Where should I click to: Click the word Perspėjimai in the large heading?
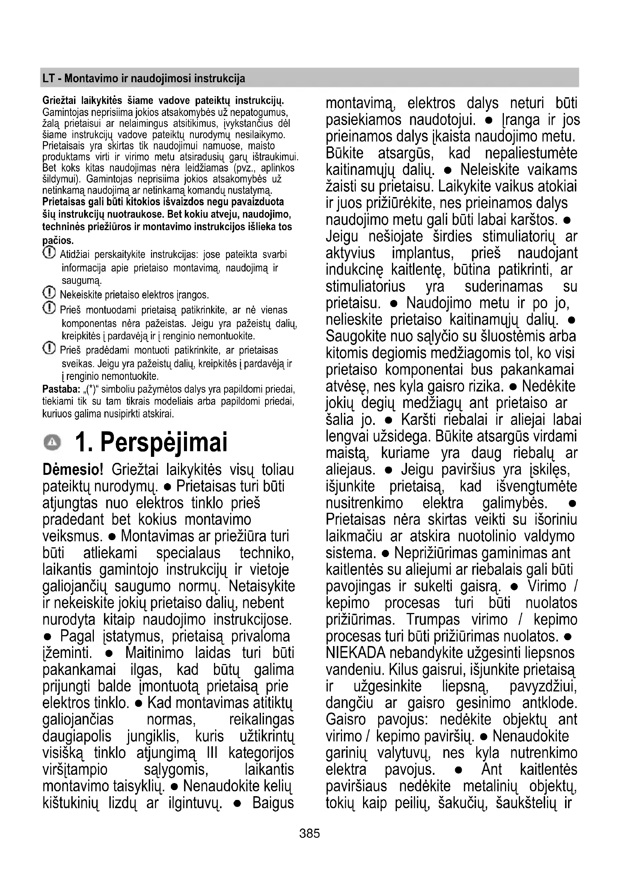pyautogui.click(x=164, y=442)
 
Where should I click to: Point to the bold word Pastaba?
pyautogui.click(x=61, y=390)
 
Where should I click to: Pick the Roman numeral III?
pyautogui.click(x=212, y=753)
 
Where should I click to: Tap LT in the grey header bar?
pyautogui.click(x=48, y=79)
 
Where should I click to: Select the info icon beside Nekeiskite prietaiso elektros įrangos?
pyautogui.click(x=48, y=293)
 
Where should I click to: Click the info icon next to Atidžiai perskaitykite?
pyautogui.click(x=48, y=253)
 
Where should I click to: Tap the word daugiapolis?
pyautogui.click(x=77, y=736)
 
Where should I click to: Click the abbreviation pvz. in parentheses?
pyautogui.click(x=241, y=168)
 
